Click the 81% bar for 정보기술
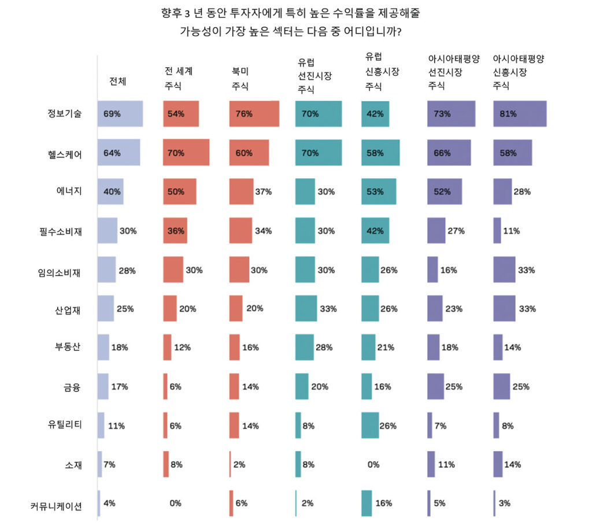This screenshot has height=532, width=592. click(x=519, y=113)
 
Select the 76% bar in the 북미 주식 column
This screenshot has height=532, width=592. click(x=254, y=113)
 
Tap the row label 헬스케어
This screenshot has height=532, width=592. click(x=65, y=153)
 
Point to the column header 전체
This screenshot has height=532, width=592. click(x=118, y=81)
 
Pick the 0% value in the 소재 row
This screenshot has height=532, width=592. click(x=373, y=464)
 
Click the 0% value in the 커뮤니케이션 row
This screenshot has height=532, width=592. click(x=176, y=503)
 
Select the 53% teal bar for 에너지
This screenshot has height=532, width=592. click(x=379, y=192)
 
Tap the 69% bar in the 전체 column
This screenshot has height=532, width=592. click(x=120, y=113)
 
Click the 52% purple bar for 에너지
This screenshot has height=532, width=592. click(x=444, y=192)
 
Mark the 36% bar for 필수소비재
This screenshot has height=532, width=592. click(x=175, y=231)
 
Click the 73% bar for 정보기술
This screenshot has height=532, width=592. click(x=451, y=113)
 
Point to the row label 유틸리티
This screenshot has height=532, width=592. click(x=65, y=425)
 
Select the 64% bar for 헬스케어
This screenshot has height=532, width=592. click(x=118, y=153)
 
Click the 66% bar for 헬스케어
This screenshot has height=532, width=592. click(x=447, y=153)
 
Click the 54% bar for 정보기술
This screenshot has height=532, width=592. click(x=181, y=113)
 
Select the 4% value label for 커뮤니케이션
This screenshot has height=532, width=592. click(x=109, y=503)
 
